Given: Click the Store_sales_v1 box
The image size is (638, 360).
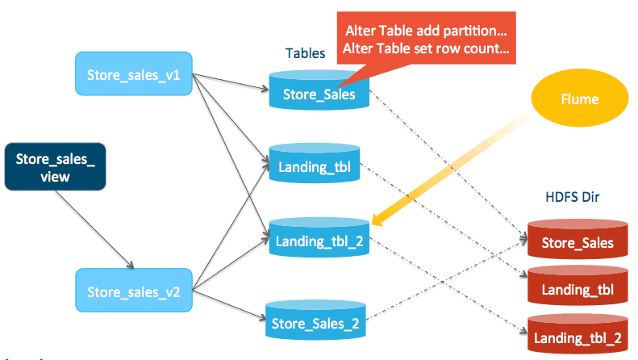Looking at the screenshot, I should click(x=132, y=76).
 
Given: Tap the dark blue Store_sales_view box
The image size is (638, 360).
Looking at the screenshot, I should click(x=55, y=168).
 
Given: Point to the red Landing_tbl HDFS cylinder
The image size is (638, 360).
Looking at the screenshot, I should click(x=577, y=288).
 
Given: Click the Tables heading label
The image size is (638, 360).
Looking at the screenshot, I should click(x=305, y=53).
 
